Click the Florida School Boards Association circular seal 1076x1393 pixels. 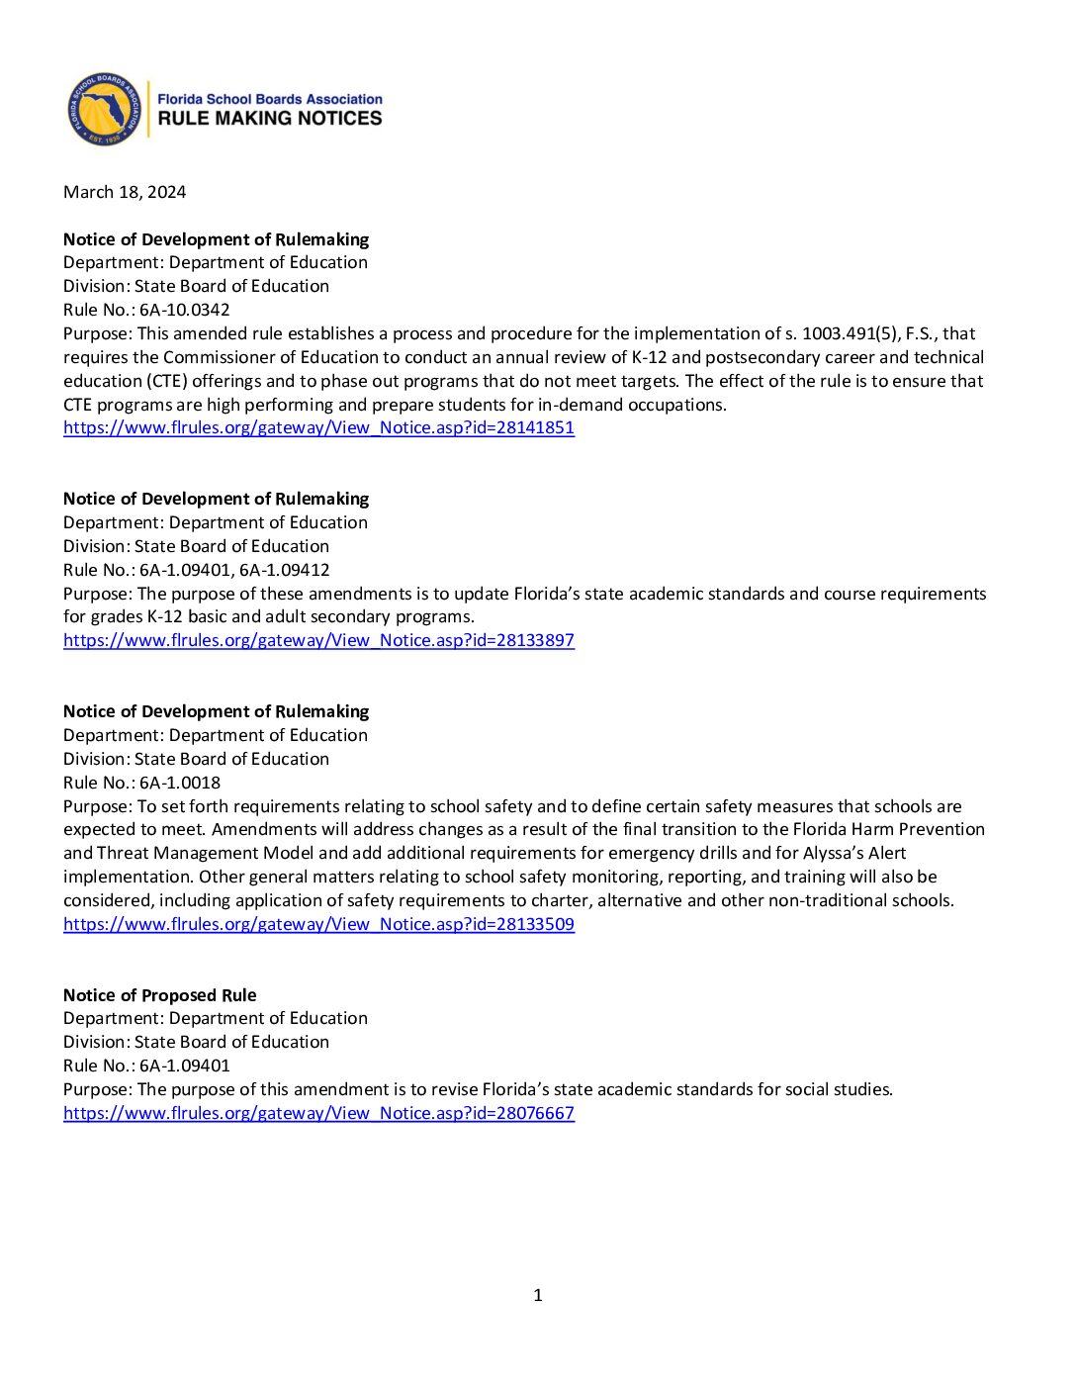click(104, 109)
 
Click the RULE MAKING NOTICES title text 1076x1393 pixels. click(269, 119)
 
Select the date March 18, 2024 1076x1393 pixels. click(125, 192)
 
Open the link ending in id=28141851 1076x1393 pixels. click(318, 427)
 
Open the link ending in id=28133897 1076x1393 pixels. click(318, 640)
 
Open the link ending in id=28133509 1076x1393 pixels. click(318, 924)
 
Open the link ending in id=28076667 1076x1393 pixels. click(318, 1113)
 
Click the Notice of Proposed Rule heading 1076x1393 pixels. click(159, 995)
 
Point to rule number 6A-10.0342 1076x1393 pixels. click(184, 310)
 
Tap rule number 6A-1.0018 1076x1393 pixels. click(179, 783)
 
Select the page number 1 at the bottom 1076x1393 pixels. click(538, 1295)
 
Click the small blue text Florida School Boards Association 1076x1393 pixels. click(269, 99)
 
